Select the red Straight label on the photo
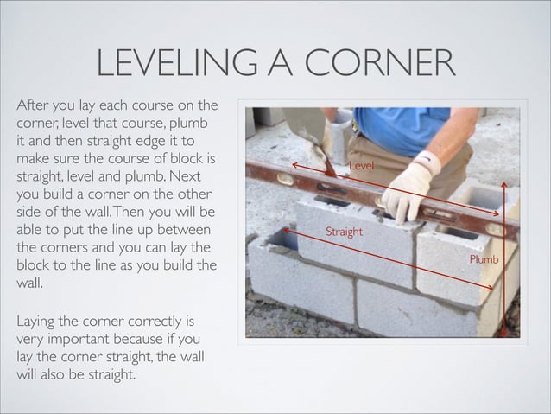click(x=344, y=232)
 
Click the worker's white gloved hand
click(x=406, y=191)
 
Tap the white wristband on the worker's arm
click(x=428, y=161)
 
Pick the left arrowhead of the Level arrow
click(x=294, y=163)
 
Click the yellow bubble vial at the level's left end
click(x=286, y=180)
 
